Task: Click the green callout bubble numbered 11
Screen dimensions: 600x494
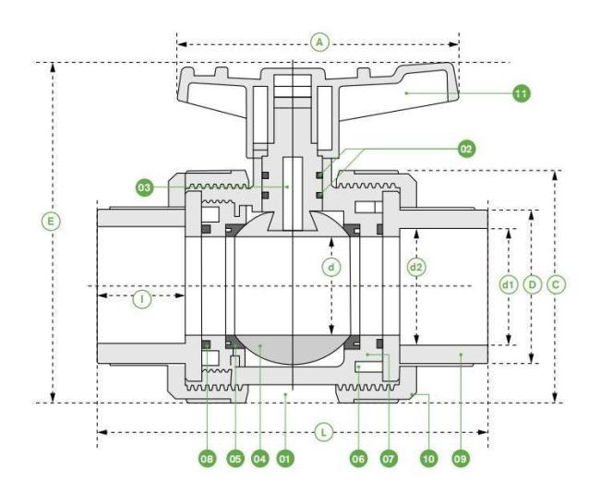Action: [522, 93]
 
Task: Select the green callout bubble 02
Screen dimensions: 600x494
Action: [466, 149]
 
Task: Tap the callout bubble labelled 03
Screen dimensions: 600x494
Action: [144, 187]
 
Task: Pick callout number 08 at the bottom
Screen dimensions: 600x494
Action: [207, 458]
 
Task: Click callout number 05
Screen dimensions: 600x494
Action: [235, 458]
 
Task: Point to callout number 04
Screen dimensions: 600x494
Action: [259, 458]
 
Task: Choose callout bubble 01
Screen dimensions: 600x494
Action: [284, 458]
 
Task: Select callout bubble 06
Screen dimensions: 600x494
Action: [358, 458]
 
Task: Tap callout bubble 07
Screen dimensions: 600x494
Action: [389, 458]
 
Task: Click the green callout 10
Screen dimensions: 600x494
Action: [429, 458]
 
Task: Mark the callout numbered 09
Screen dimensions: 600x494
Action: [461, 458]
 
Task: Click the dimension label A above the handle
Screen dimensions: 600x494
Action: [320, 42]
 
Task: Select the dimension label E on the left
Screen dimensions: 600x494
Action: [51, 222]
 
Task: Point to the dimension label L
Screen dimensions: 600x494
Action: [324, 433]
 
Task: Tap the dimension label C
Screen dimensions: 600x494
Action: [556, 284]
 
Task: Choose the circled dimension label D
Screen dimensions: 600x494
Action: [533, 284]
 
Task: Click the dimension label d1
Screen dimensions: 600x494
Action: [509, 284]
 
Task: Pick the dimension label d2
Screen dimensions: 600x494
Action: [416, 267]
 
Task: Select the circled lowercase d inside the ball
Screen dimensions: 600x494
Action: [331, 267]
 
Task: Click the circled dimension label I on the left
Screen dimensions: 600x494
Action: [142, 299]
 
